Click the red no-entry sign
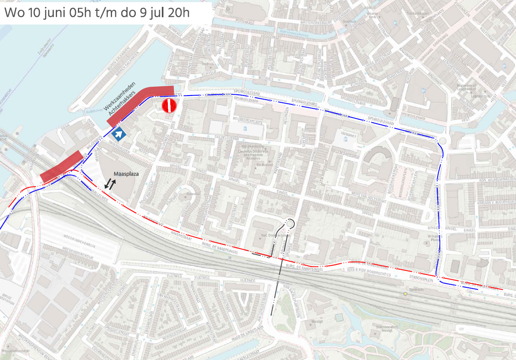click(169, 106)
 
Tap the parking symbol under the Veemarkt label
click(345, 140)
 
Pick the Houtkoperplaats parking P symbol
click(246, 128)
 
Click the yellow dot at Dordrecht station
click(405, 293)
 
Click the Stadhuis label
click(350, 22)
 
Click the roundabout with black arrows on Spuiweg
click(290, 223)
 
